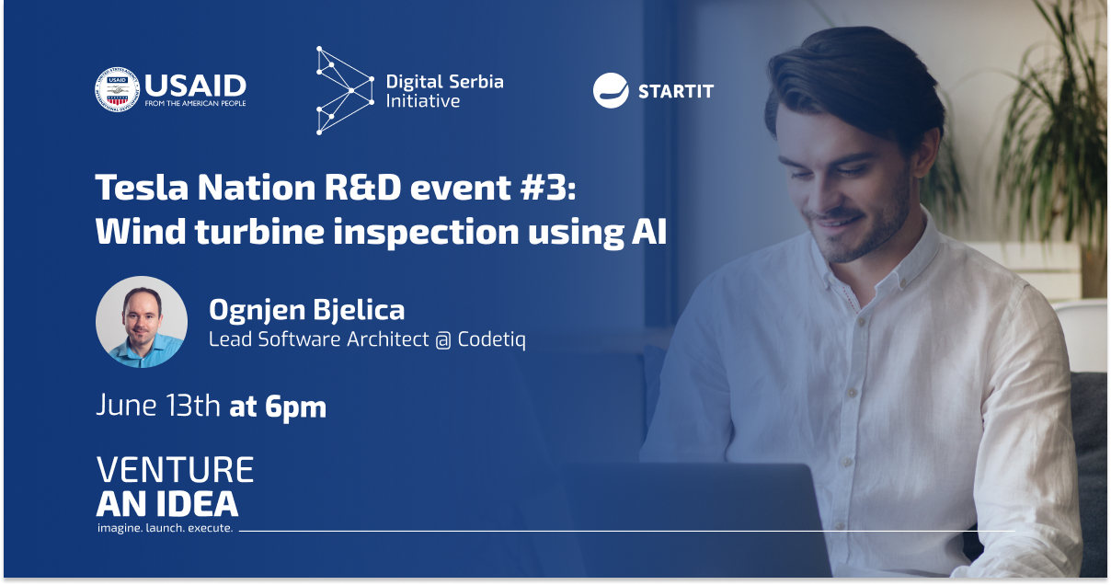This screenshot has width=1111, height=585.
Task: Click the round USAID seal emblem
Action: coord(117,89)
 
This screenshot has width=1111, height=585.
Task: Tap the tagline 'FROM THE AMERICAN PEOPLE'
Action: coord(195,103)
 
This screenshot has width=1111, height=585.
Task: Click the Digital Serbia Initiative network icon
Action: coord(345,90)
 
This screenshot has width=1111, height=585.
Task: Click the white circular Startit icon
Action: coord(611,90)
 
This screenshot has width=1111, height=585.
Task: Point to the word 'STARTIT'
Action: coord(676,91)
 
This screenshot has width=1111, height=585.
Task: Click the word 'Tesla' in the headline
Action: coord(142,187)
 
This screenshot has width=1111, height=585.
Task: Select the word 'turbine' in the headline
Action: coord(259,231)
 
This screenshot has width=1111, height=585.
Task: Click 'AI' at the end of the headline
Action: coord(649,231)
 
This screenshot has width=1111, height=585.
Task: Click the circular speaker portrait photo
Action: coord(142,322)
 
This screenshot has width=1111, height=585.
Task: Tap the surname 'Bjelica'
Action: coord(359,310)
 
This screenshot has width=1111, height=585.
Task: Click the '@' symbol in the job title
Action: coord(443,340)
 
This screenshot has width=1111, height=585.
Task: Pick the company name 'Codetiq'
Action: coord(491,339)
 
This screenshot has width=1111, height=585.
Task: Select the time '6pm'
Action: coord(295,407)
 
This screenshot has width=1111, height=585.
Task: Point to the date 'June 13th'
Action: coord(158,405)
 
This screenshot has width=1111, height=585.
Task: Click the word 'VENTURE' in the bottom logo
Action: coord(175,469)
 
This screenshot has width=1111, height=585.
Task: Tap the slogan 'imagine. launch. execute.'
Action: coord(166,528)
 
